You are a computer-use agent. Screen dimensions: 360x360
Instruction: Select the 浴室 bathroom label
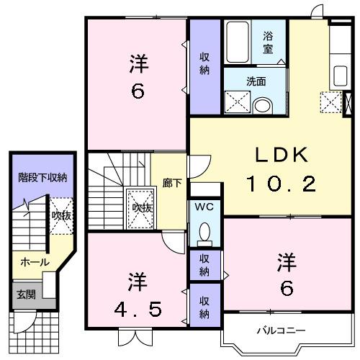pos(268,42)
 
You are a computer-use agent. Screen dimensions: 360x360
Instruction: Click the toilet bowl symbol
pos(205,232)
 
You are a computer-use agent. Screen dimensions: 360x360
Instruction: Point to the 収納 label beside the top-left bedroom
pos(205,65)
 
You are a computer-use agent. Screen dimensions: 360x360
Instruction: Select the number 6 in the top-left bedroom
pos(138,92)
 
